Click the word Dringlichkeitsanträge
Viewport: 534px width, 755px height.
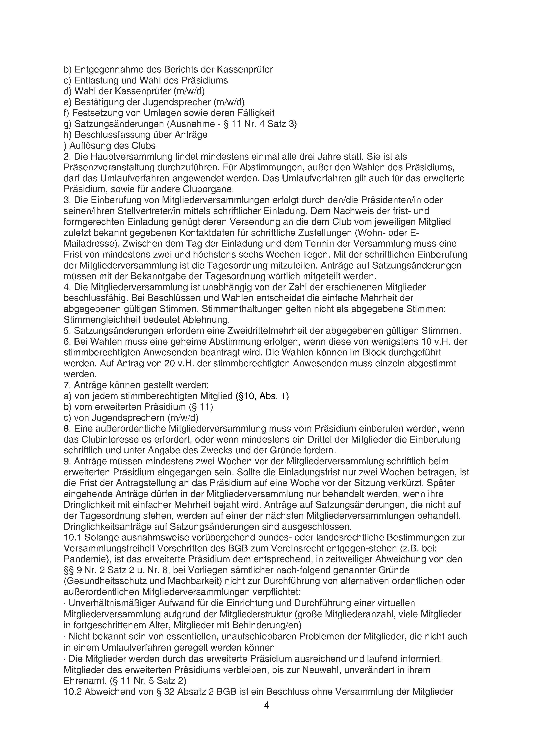(115, 526)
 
